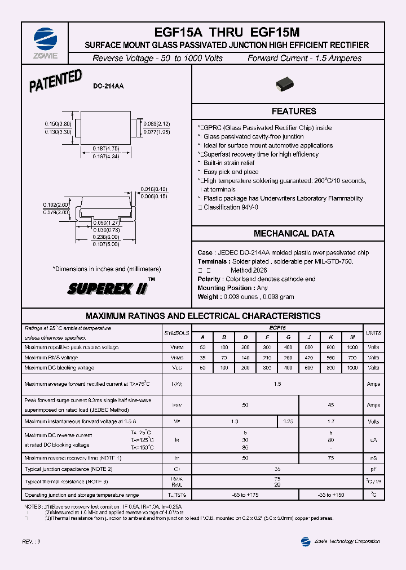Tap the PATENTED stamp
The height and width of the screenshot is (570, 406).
pyautogui.click(x=55, y=82)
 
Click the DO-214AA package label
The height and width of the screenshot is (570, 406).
pyautogui.click(x=108, y=86)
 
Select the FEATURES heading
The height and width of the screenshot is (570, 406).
pyautogui.click(x=294, y=112)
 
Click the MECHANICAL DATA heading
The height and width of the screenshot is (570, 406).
pyautogui.click(x=294, y=233)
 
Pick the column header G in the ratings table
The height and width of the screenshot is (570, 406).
pyautogui.click(x=288, y=337)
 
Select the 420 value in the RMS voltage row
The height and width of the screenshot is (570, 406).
pyautogui.click(x=309, y=357)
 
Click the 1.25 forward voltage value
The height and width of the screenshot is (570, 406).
pyautogui.click(x=288, y=421)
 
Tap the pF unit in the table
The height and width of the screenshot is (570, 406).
pyautogui.click(x=373, y=468)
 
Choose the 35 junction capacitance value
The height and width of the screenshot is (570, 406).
pyautogui.click(x=277, y=468)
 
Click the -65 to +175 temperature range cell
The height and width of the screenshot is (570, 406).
pyautogui.click(x=245, y=495)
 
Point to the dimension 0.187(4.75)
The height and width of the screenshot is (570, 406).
pyautogui.click(x=106, y=149)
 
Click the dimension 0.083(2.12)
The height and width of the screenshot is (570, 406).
pyautogui.click(x=157, y=124)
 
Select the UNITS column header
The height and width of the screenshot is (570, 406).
pyautogui.click(x=373, y=333)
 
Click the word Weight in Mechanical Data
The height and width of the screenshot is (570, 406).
pyautogui.click(x=209, y=297)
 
